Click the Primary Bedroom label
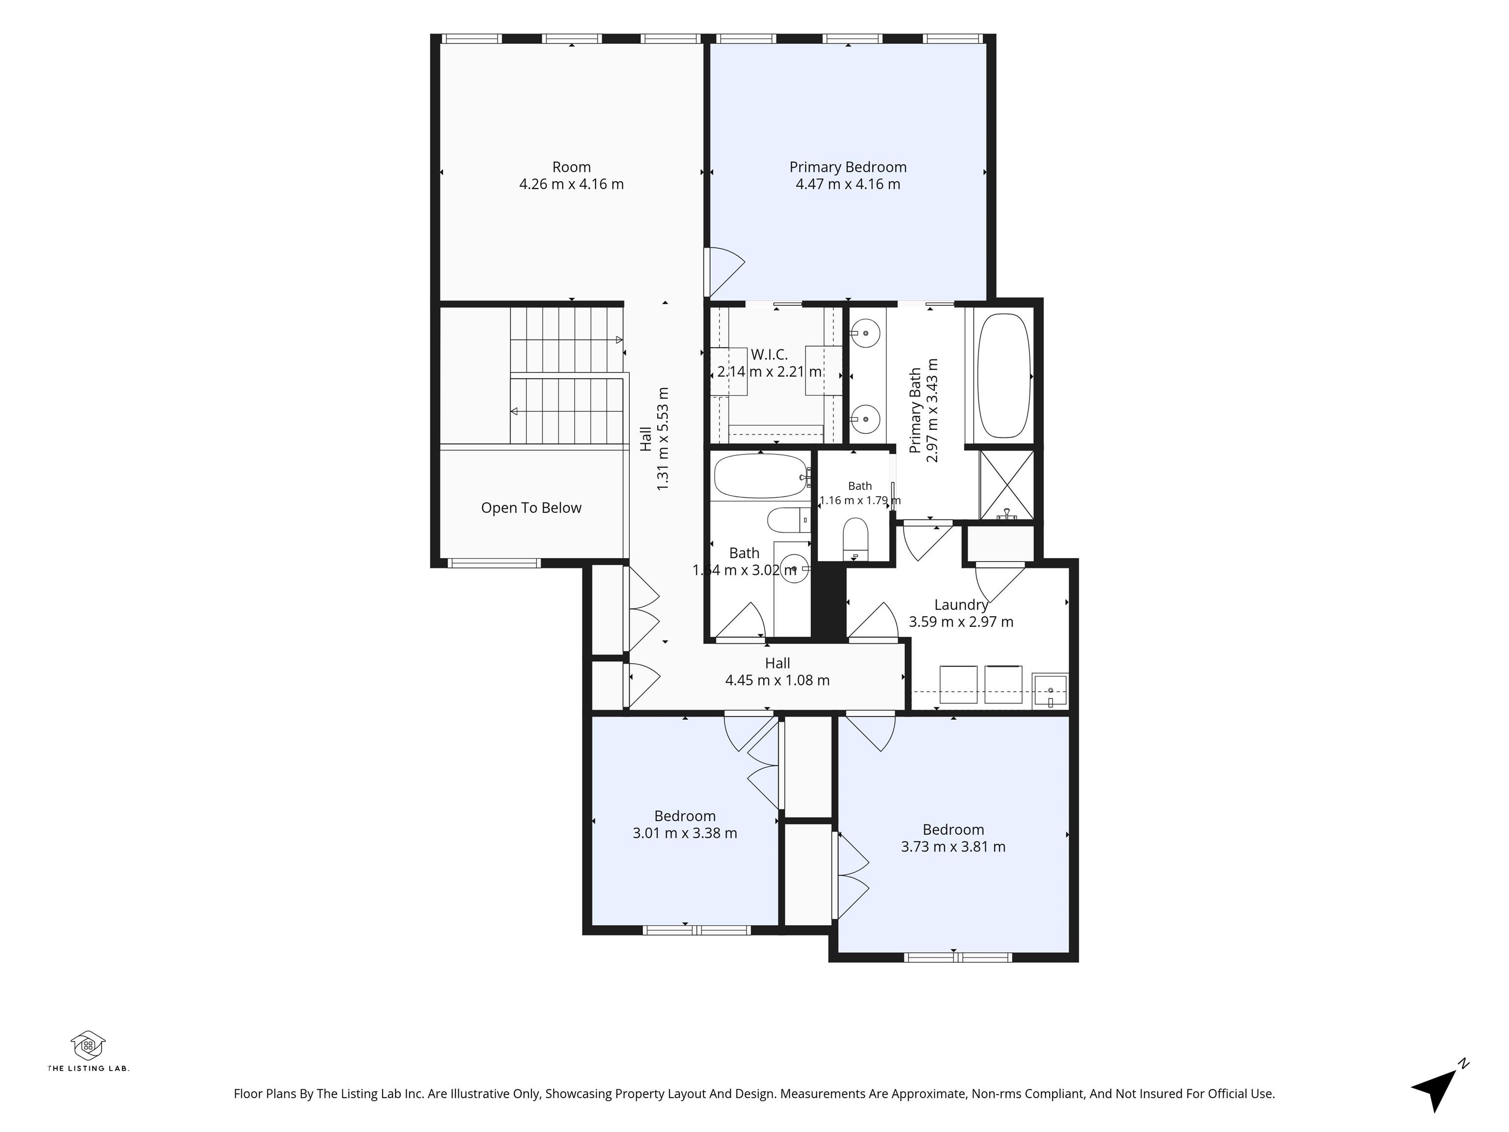(848, 167)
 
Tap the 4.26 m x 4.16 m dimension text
(572, 184)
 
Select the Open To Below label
(531, 508)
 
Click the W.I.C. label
(770, 355)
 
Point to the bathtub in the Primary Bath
(1004, 376)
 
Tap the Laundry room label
(961, 604)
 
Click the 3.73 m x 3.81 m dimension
(953, 847)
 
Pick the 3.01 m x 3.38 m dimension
(685, 833)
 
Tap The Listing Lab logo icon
(88, 1046)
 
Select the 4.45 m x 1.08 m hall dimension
(777, 680)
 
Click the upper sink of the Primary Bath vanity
(865, 334)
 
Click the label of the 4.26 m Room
(572, 167)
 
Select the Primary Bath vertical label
(915, 410)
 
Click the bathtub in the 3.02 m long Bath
(760, 476)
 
